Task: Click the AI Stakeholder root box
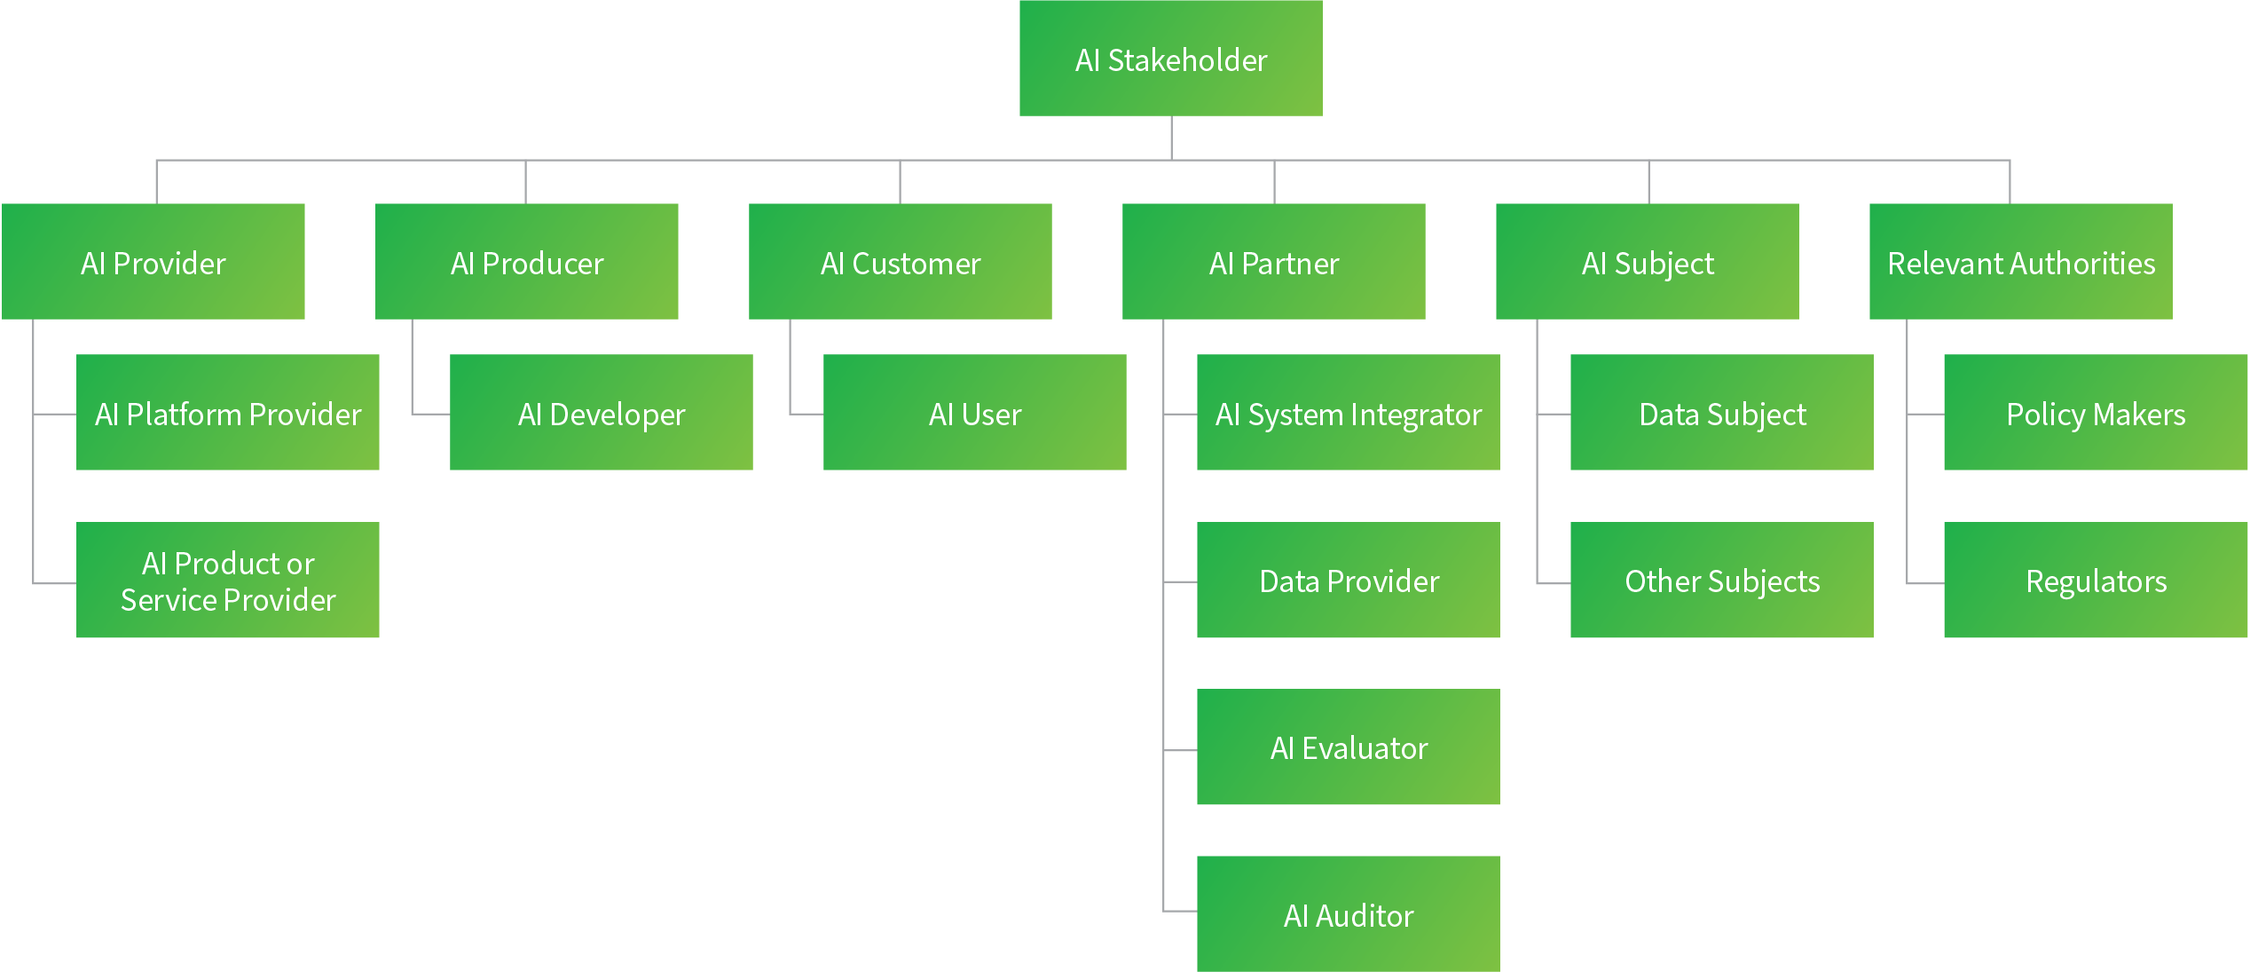pos(1170,59)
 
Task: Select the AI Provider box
pos(153,262)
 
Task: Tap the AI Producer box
pos(527,262)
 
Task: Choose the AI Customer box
pos(901,262)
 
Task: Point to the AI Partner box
pos(1274,262)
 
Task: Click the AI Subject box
pos(1648,262)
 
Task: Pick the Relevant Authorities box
pos(2021,262)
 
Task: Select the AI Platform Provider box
pos(228,413)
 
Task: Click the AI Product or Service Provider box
pos(228,581)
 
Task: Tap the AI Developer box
pos(602,413)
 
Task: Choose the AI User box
pos(975,413)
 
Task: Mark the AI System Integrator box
pos(1349,413)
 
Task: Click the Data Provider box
pos(1349,581)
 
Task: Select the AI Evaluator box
pos(1349,747)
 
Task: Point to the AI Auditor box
pos(1349,914)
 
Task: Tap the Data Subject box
pos(1722,413)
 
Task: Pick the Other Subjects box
pos(1722,581)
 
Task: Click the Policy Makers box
pos(2096,413)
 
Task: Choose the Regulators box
pos(2096,581)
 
